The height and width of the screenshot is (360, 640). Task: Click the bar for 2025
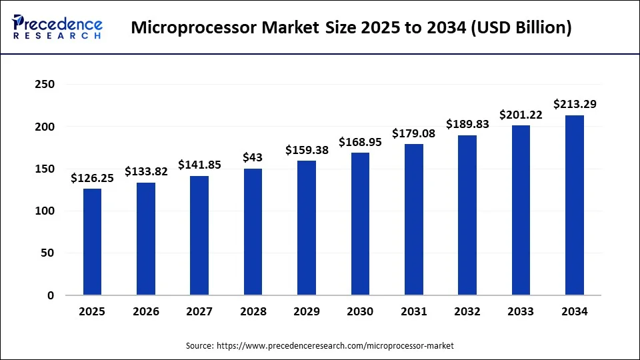coord(92,241)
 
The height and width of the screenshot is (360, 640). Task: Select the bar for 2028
coord(253,231)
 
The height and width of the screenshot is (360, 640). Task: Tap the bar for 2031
coord(413,219)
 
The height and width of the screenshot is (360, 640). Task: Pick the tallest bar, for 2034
coord(574,205)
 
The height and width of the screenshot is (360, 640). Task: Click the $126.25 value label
coord(92,178)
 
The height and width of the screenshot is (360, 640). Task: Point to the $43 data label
coord(253,157)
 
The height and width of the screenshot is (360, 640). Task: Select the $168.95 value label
coord(360,142)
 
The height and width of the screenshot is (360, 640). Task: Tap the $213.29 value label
coord(574,104)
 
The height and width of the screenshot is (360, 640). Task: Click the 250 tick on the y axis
coord(45,85)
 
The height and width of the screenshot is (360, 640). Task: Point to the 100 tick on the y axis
coord(45,211)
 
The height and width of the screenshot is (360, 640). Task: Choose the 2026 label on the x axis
coord(146,311)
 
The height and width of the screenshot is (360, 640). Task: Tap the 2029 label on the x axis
coord(306,311)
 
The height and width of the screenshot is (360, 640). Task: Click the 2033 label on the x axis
coord(521,311)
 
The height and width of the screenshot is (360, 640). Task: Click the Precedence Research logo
coord(57,27)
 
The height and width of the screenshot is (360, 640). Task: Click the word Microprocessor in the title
coord(188,29)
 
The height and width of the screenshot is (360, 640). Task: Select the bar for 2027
coord(199,235)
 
